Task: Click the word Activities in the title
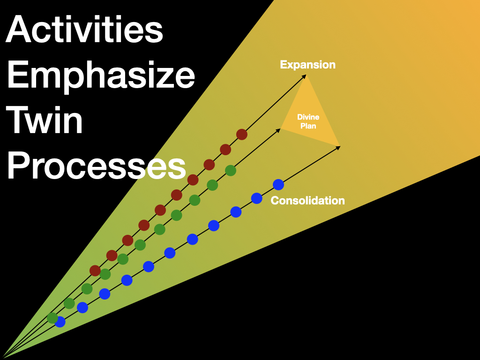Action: (x=84, y=30)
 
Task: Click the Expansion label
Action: (x=307, y=65)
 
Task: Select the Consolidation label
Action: (x=307, y=201)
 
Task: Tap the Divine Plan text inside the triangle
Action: (x=308, y=121)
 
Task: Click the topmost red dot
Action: (x=241, y=135)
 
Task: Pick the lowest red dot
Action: (x=95, y=270)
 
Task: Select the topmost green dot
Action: (x=230, y=170)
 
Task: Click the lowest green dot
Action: (x=52, y=318)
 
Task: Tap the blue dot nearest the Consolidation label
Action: (x=278, y=185)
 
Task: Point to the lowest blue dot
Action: (x=60, y=322)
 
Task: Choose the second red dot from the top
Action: (x=225, y=150)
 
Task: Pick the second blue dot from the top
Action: (x=256, y=198)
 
